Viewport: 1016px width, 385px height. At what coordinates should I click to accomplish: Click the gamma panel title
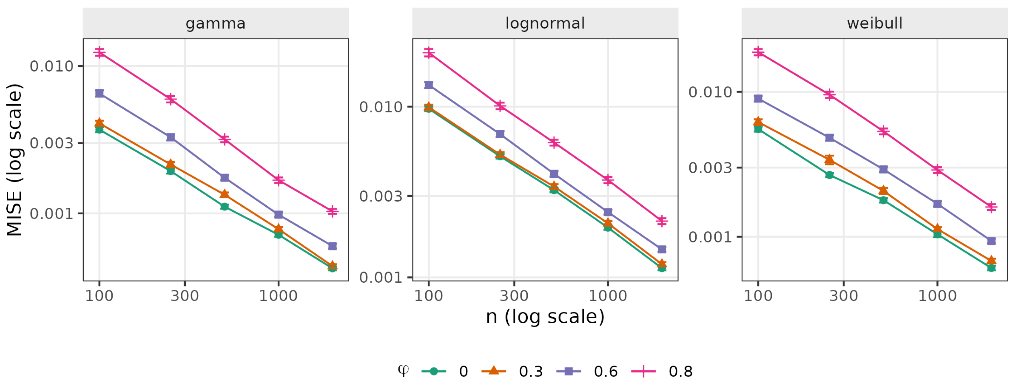216,24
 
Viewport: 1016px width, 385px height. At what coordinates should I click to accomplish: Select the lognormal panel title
545,23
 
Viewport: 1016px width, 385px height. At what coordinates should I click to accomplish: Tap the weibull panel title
874,23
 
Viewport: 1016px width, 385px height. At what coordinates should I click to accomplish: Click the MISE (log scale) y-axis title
15,160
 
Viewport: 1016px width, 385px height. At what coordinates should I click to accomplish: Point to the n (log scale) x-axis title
545,316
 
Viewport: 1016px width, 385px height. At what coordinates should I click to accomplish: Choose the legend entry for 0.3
512,371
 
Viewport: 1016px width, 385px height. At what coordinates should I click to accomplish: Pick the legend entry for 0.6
587,371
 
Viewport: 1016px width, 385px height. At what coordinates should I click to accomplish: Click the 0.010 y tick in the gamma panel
52,66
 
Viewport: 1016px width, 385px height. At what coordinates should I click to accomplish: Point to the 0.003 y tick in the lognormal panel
381,196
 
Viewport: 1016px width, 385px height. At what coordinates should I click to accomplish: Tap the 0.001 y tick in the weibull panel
710,237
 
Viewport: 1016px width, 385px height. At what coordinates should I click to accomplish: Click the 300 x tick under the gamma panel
184,296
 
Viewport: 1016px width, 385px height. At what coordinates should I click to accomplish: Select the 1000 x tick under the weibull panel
937,296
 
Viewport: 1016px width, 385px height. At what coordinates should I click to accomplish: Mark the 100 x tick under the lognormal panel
428,296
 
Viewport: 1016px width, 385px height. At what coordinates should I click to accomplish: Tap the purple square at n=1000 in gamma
278,214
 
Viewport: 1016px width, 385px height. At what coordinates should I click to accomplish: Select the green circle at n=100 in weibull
758,129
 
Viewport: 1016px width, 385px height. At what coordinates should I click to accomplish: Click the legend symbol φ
403,370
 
